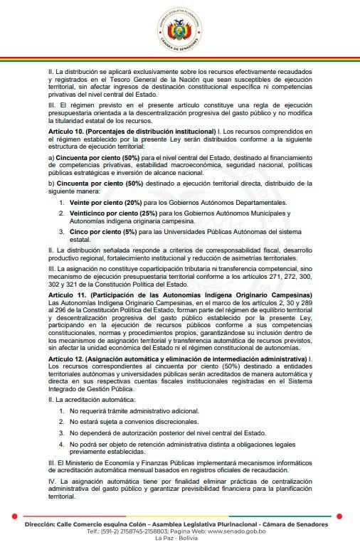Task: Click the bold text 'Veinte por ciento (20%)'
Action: coord(105,203)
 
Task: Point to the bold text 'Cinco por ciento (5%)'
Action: coord(100,232)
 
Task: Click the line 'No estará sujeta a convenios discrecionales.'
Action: coord(137,422)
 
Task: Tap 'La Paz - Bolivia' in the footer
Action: coord(179,538)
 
